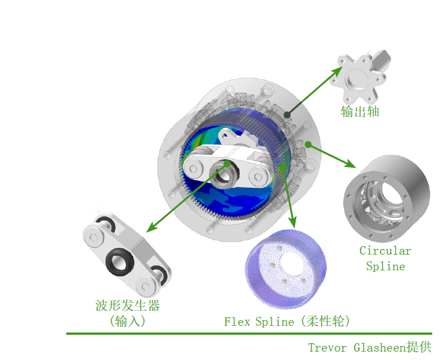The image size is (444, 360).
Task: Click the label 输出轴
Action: click(360, 112)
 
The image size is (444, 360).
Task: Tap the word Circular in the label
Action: click(385, 251)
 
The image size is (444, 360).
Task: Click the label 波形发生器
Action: click(127, 306)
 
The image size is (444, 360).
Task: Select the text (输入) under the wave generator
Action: click(127, 321)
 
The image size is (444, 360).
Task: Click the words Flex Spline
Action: click(259, 322)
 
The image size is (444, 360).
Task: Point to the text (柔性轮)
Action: click(326, 321)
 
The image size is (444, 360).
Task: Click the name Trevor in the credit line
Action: click(327, 348)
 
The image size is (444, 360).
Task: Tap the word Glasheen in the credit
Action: click(380, 348)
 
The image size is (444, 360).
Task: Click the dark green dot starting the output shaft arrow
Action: click(287, 114)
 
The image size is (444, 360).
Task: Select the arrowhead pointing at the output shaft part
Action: click(337, 71)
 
